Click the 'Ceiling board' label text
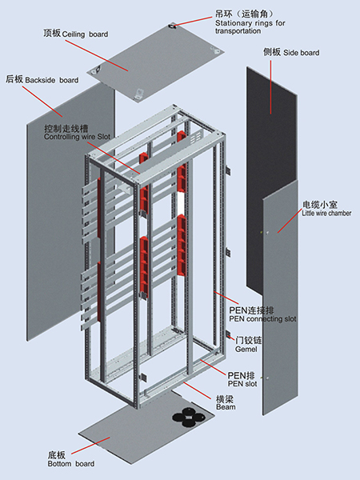tap(85, 34)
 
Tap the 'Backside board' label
tap(52, 80)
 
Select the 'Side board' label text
tap(302, 53)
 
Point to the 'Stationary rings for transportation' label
tap(250, 27)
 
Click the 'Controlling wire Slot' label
tap(77, 137)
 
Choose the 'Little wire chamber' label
tap(326, 214)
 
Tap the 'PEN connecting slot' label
tap(262, 319)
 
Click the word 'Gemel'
tap(246, 349)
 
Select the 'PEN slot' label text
tap(242, 384)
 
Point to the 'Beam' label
tap(226, 407)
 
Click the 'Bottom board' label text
tap(71, 464)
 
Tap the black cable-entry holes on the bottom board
tap(188, 418)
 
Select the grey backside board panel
tap(71, 211)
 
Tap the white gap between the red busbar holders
tap(182, 203)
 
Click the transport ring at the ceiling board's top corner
tap(173, 26)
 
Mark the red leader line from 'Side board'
tap(270, 87)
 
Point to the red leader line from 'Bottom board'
tap(90, 446)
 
